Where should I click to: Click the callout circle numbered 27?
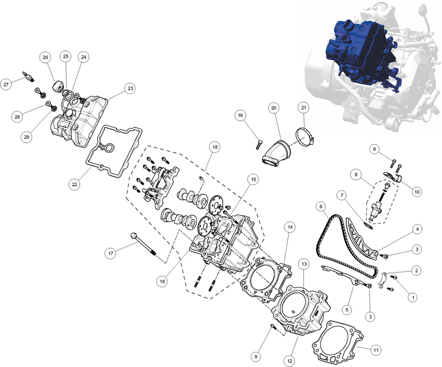click(6, 84)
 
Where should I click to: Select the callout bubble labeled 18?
click(215, 147)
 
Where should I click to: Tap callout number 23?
click(130, 89)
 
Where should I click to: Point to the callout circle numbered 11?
click(376, 350)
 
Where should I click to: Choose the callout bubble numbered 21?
click(303, 108)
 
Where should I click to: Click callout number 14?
click(290, 227)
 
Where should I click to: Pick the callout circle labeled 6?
click(321, 206)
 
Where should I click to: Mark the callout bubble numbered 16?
click(162, 281)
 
